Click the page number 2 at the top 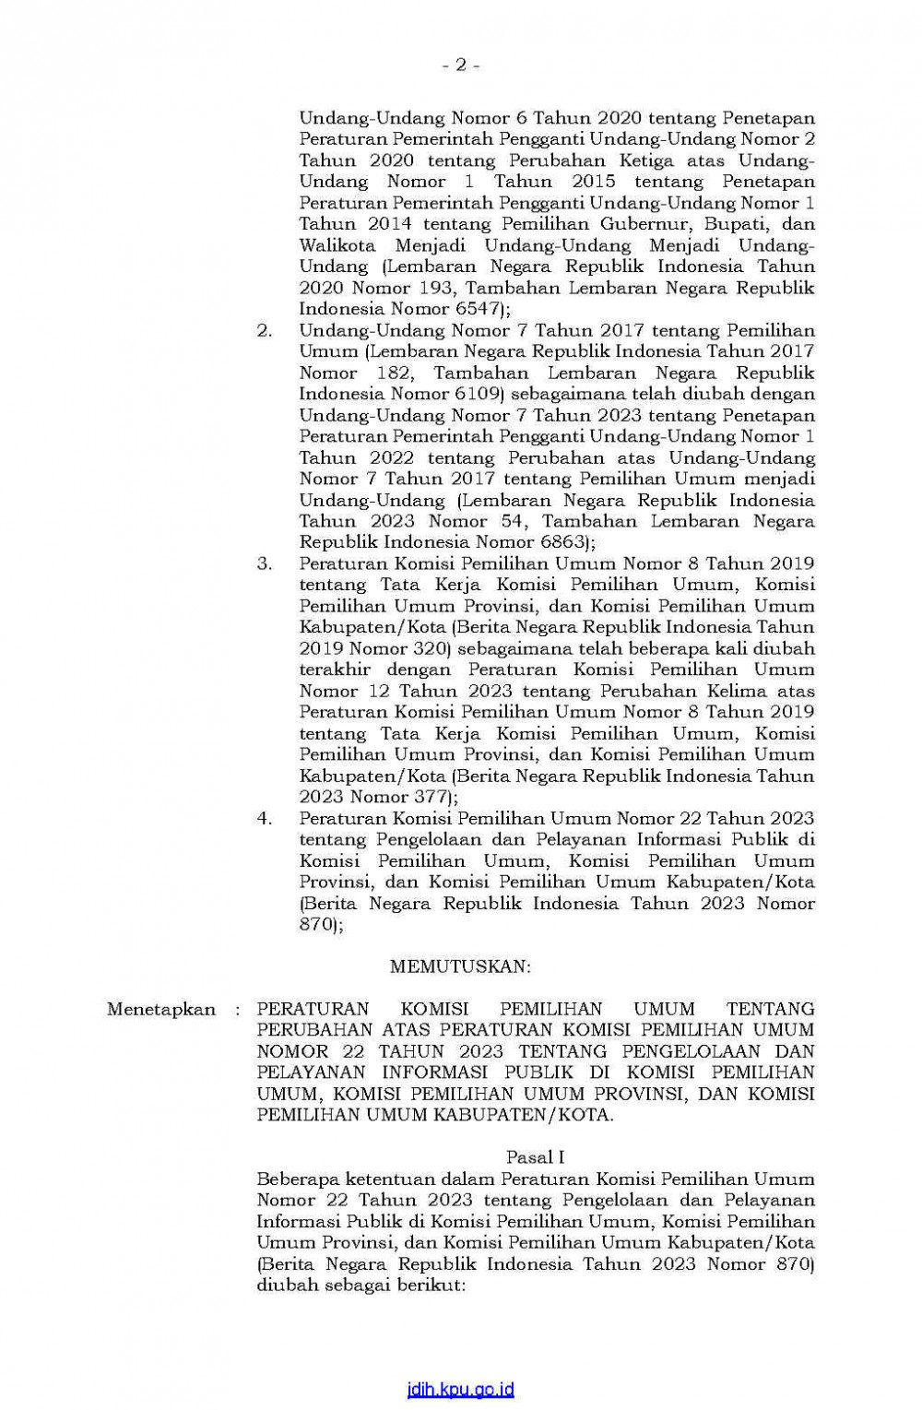(460, 65)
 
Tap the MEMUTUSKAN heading (460, 966)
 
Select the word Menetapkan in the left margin (160, 1009)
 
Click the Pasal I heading (535, 1157)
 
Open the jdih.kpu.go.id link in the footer (460, 1390)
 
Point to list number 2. (265, 330)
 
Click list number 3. (265, 563)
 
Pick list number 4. (265, 818)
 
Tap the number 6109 (479, 394)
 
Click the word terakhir (336, 669)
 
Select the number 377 (424, 797)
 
